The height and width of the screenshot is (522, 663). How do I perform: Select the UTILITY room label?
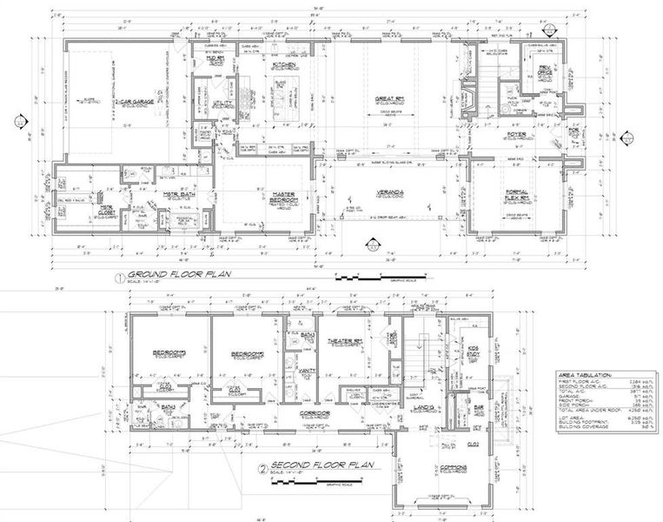click(x=202, y=102)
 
